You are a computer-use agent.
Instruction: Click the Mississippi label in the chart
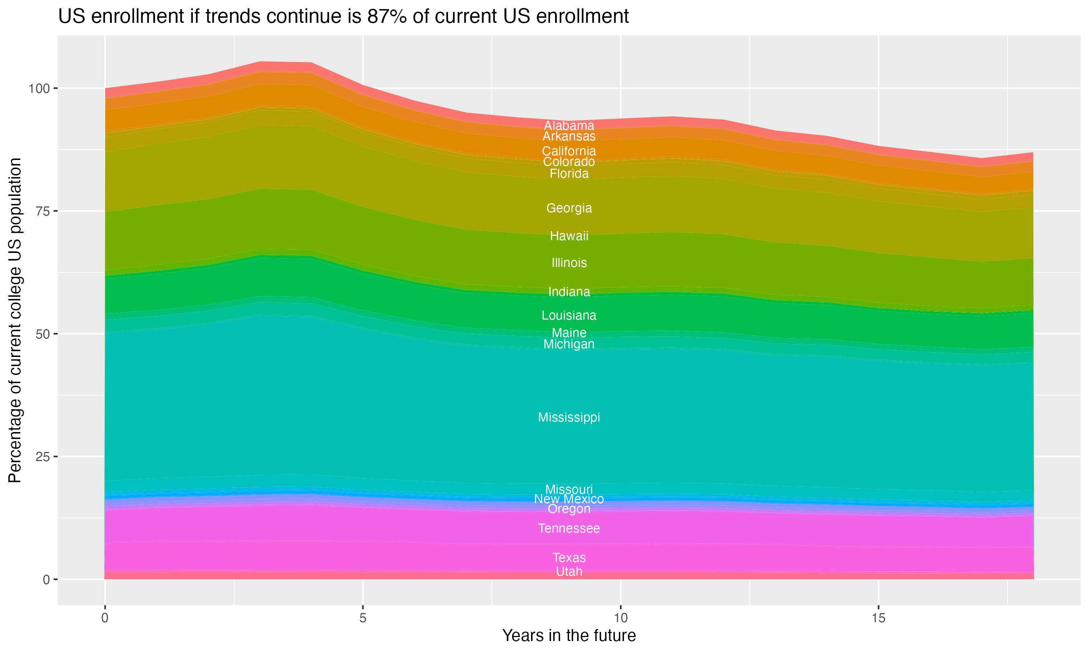569,417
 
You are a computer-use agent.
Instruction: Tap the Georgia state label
569,208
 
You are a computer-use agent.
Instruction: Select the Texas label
569,558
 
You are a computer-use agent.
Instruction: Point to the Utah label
569,572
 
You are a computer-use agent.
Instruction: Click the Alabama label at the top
569,126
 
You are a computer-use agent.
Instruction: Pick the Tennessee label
569,528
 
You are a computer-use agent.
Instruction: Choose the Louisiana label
569,316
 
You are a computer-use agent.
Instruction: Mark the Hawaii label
569,236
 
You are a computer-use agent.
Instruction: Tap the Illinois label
569,263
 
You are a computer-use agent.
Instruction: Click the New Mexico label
569,499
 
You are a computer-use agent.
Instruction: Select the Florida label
569,174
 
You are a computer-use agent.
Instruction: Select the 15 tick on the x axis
878,618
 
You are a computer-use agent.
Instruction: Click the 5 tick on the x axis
362,618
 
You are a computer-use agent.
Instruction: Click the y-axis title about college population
15,320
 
